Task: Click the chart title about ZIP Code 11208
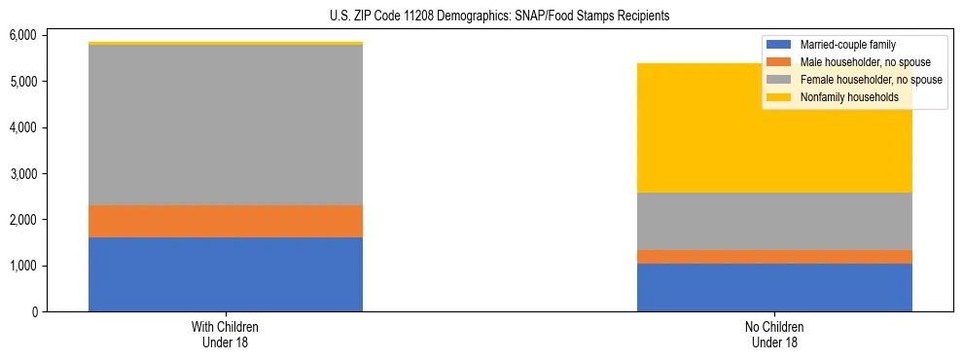[x=481, y=17]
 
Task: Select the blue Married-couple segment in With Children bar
[x=226, y=274]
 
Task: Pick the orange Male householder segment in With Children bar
[x=226, y=221]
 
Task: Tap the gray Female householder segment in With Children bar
[x=226, y=125]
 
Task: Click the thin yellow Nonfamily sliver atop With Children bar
[x=226, y=44]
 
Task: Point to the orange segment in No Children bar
[x=774, y=257]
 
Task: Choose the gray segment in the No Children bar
[x=774, y=221]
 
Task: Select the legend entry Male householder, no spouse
[x=861, y=62]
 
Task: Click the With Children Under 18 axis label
[x=226, y=334]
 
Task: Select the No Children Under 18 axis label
[x=774, y=334]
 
